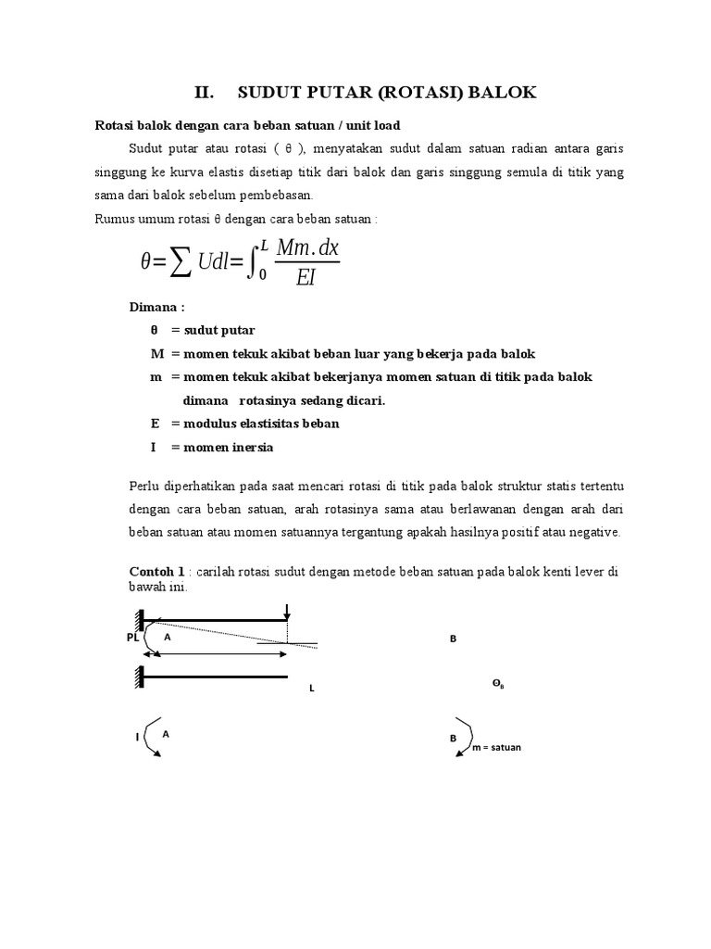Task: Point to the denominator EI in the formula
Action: click(306, 277)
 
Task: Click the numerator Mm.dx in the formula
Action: click(305, 247)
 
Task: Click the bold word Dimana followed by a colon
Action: click(156, 307)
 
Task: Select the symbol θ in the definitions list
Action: click(154, 330)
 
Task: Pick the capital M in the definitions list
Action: click(156, 354)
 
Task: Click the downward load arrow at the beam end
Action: click(288, 612)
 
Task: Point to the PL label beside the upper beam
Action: click(132, 638)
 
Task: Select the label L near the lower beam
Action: click(312, 690)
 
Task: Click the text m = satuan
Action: click(496, 747)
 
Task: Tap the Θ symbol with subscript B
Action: click(497, 684)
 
